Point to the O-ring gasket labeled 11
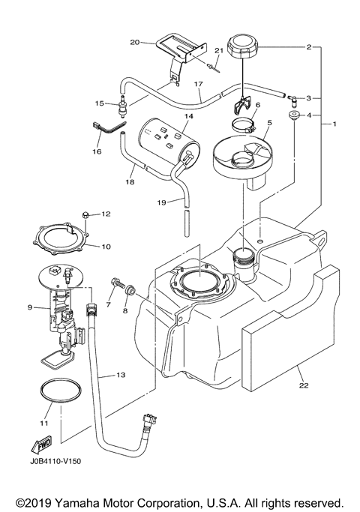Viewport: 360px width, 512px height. click(x=55, y=394)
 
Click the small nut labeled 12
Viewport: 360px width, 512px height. click(x=85, y=215)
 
